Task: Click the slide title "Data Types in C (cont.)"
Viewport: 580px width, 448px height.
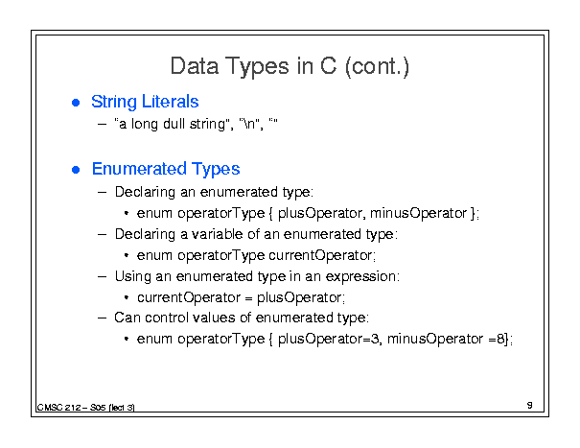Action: [x=290, y=66]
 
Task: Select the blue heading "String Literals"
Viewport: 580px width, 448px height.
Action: [x=145, y=102]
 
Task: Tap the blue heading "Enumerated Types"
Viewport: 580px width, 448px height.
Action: [x=166, y=169]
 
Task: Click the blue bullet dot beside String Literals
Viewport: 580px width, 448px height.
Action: [x=76, y=103]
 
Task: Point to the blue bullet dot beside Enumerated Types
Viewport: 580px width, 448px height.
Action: [x=76, y=170]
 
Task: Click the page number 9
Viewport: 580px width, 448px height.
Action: [x=530, y=406]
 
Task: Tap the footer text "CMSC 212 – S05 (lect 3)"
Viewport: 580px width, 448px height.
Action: [x=86, y=408]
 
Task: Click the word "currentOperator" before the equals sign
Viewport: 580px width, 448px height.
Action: [x=189, y=297]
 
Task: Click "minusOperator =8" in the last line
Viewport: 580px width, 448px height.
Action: [x=446, y=339]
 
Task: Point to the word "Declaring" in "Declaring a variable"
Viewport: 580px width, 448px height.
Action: [x=145, y=235]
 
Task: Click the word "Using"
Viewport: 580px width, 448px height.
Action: [x=133, y=277]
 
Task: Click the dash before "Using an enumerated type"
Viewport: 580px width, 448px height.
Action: [x=102, y=276]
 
